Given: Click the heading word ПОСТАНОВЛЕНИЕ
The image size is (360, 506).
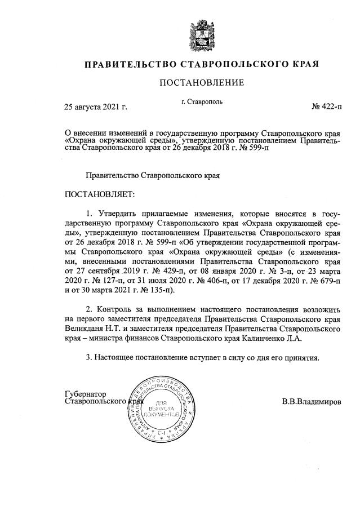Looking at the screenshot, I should [202, 83].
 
